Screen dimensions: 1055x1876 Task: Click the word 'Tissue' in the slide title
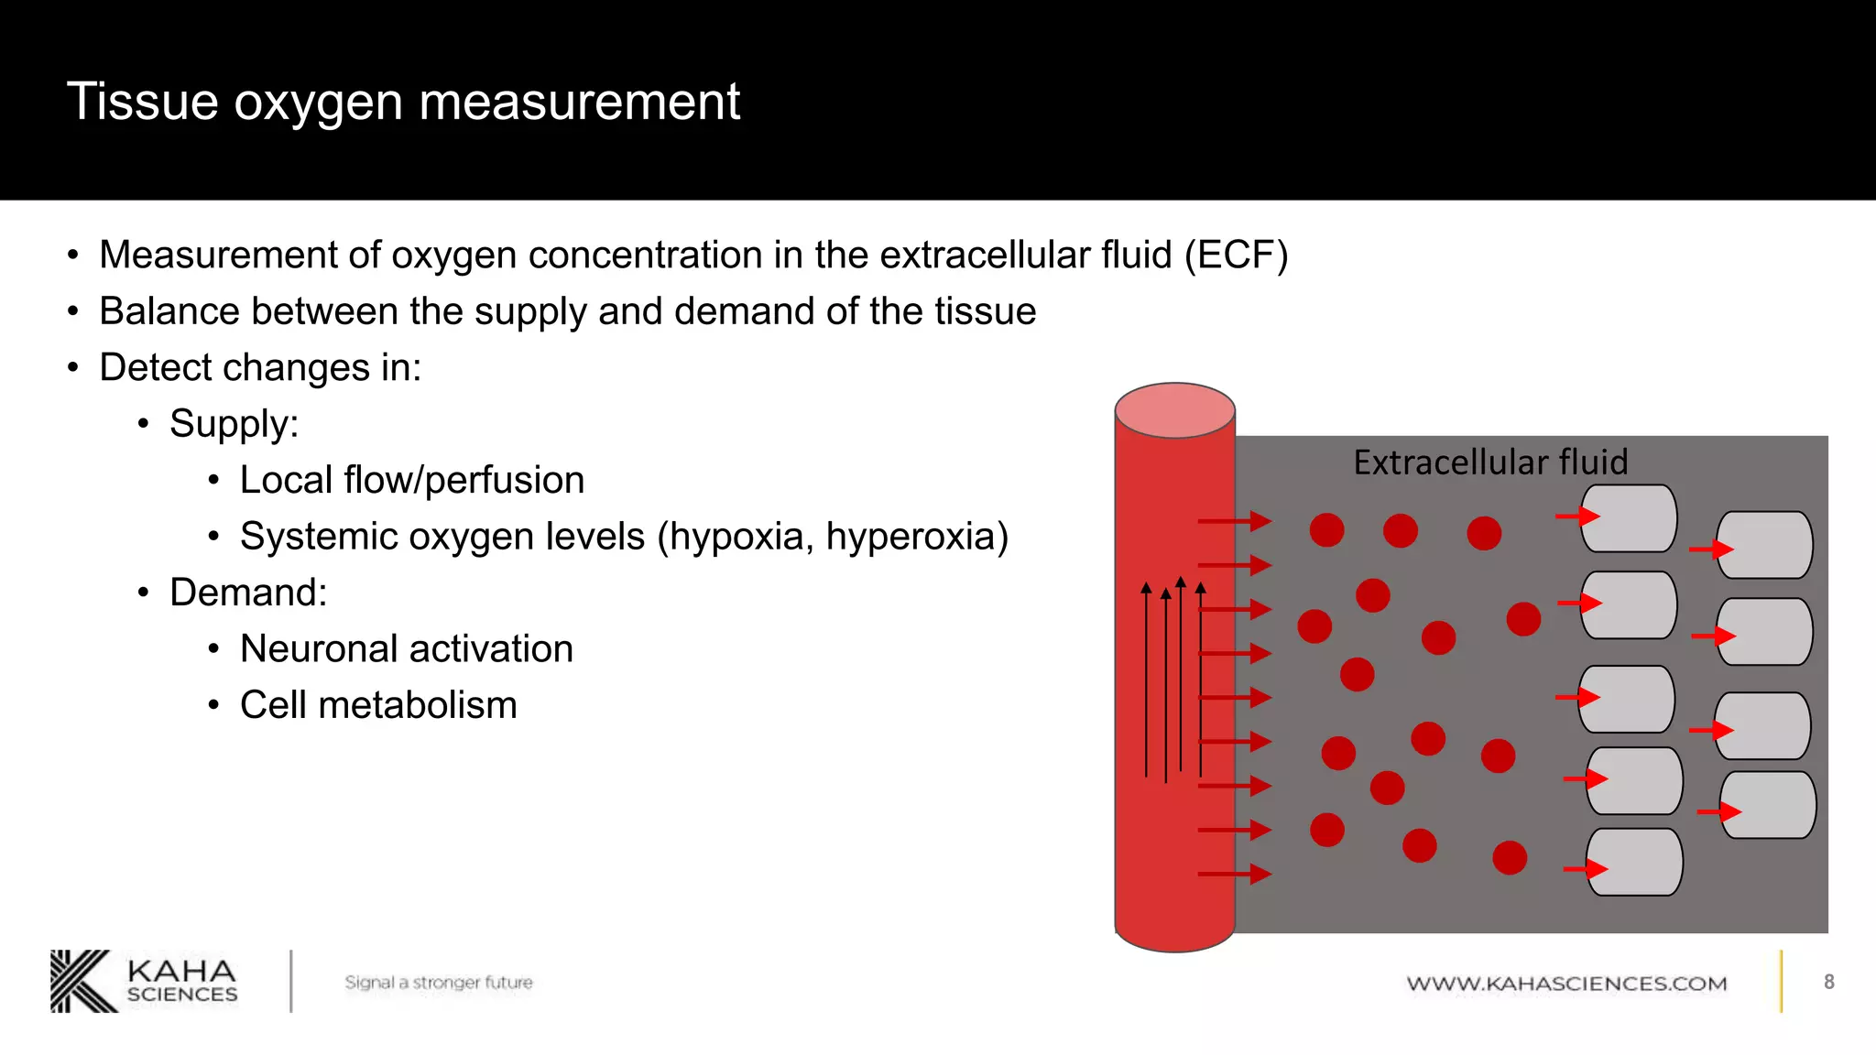click(142, 101)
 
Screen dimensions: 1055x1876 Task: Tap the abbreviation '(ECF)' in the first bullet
click(1236, 255)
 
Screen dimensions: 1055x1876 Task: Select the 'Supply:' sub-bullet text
click(234, 424)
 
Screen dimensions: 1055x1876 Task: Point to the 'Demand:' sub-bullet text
click(248, 593)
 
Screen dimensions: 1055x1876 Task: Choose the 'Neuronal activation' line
click(407, 649)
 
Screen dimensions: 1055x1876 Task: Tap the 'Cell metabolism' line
click(378, 705)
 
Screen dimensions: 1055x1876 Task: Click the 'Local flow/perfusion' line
click(412, 480)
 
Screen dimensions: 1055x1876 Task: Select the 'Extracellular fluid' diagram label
click(1490, 462)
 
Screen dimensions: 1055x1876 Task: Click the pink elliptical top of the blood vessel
click(1174, 410)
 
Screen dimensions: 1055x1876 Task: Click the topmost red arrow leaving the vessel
click(1234, 521)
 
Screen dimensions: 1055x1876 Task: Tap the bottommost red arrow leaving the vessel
click(1234, 874)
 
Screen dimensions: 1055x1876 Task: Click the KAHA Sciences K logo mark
click(82, 982)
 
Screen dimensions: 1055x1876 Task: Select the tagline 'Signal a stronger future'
click(438, 983)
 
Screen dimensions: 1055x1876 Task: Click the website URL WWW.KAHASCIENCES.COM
click(1566, 984)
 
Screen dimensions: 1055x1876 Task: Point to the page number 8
click(1828, 982)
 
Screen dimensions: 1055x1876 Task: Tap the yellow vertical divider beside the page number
click(1782, 982)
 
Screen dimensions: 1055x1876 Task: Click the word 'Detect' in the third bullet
click(155, 368)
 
